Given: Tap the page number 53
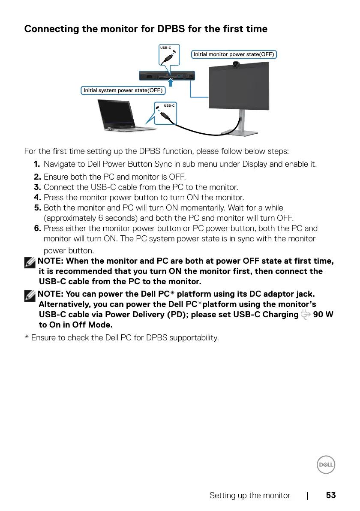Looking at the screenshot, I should click(330, 496).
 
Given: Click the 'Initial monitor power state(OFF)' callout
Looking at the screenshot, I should click(234, 54).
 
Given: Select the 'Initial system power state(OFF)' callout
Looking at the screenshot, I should click(123, 90).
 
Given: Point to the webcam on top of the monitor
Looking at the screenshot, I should click(236, 64).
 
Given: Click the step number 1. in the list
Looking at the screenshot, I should click(38, 164).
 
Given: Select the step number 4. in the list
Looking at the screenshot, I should click(38, 198).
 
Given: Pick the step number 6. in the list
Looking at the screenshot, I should click(38, 228).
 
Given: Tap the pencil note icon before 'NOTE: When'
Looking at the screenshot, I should click(30, 262).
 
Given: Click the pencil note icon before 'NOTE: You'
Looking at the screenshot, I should click(30, 295).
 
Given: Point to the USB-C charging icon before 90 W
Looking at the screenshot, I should click(306, 315).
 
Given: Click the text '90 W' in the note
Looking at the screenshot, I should click(324, 315).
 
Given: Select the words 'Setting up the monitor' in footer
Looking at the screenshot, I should click(250, 496).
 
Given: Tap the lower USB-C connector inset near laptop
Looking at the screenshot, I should click(165, 113).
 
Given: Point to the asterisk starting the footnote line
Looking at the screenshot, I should click(27, 337).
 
